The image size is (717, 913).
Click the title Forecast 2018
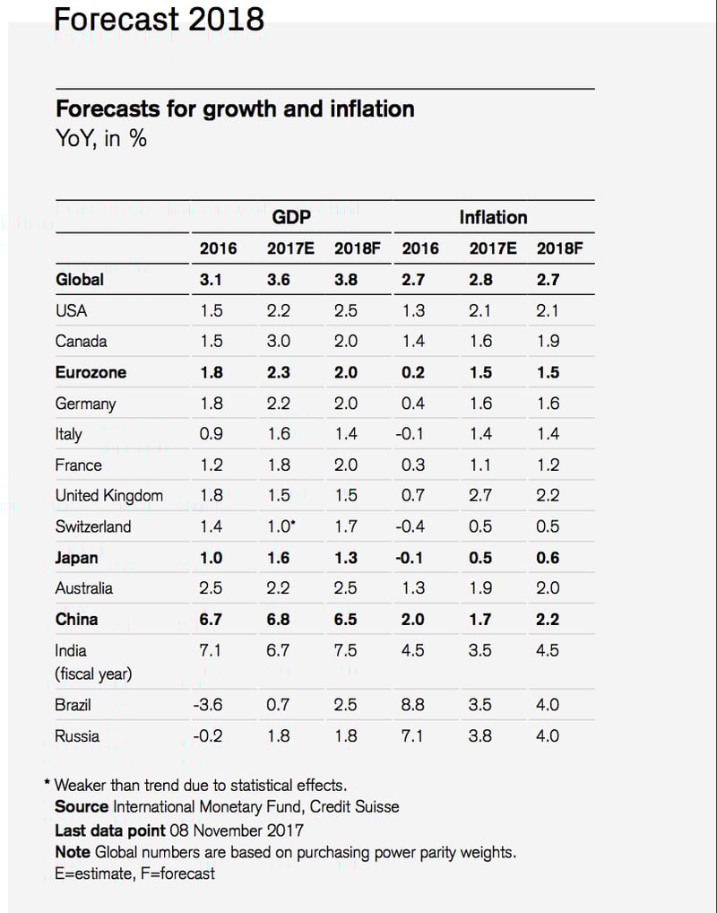pyautogui.click(x=159, y=18)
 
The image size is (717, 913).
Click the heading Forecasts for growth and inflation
pyautogui.click(x=235, y=109)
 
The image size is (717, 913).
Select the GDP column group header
pyautogui.click(x=291, y=217)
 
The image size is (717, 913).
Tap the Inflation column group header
pyautogui.click(x=493, y=217)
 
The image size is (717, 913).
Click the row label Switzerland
pyautogui.click(x=92, y=526)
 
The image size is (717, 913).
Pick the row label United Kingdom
pyautogui.click(x=108, y=495)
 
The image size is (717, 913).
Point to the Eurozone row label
pyautogui.click(x=91, y=372)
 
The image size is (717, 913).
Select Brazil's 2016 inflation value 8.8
pyautogui.click(x=413, y=705)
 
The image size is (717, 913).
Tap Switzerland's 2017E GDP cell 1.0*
pyautogui.click(x=281, y=526)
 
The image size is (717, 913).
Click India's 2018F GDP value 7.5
pyautogui.click(x=345, y=650)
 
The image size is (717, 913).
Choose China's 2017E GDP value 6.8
pyautogui.click(x=279, y=619)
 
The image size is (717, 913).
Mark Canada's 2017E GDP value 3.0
pyautogui.click(x=279, y=341)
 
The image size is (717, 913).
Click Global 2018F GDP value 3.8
pyautogui.click(x=345, y=279)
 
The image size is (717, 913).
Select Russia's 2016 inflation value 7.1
pyautogui.click(x=413, y=736)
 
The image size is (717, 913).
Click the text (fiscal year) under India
pyautogui.click(x=93, y=674)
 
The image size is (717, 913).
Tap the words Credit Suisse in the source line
pyautogui.click(x=355, y=806)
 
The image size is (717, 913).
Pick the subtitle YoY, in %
pyautogui.click(x=101, y=139)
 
